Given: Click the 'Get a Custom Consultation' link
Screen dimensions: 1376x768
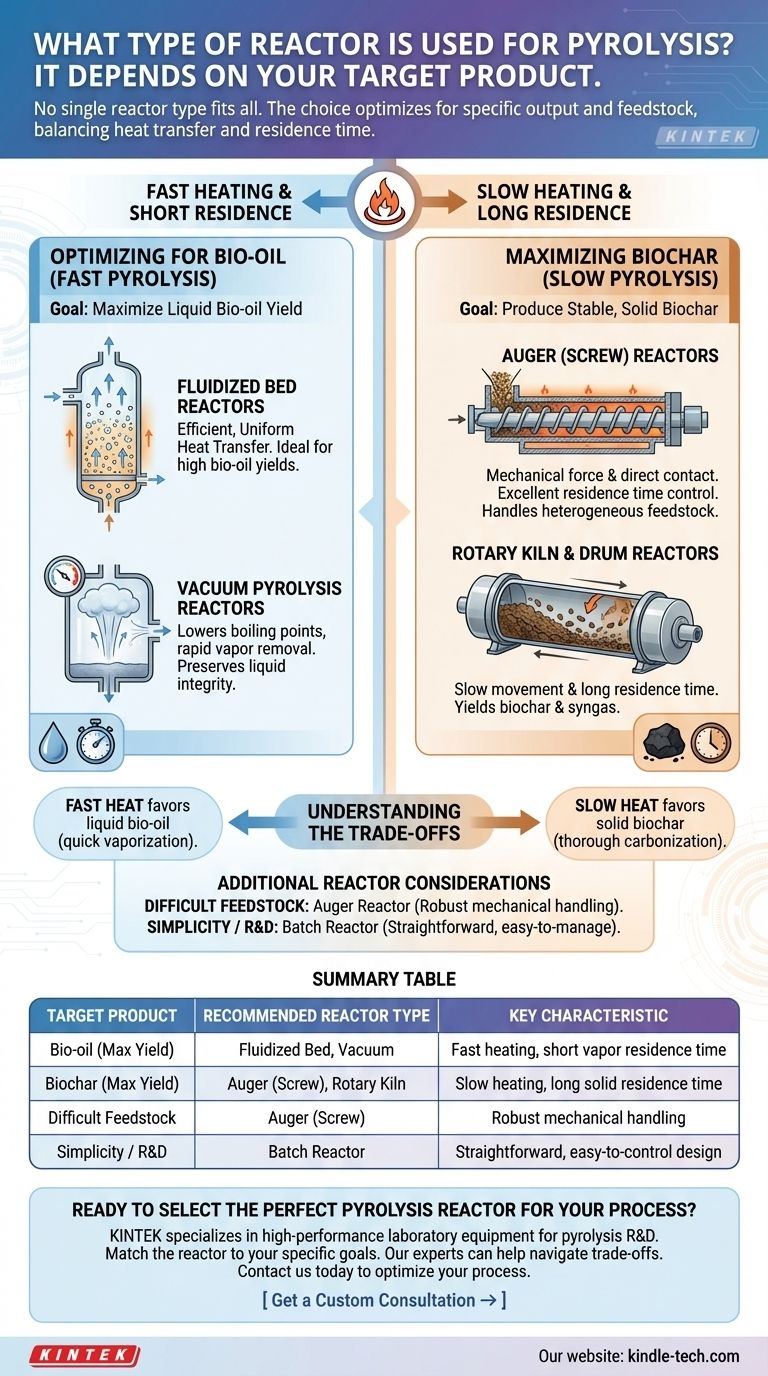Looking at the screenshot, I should click(x=384, y=1300).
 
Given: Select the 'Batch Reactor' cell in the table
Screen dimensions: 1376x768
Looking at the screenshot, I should click(x=316, y=1151).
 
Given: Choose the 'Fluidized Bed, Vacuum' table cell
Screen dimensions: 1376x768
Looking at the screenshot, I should click(x=316, y=1049).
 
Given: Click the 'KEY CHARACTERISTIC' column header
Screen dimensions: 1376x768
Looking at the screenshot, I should click(x=588, y=1015).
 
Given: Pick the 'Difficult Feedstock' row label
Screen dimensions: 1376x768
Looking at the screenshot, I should click(x=111, y=1117).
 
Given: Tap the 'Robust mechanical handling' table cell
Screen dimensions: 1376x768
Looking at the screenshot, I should click(x=588, y=1117).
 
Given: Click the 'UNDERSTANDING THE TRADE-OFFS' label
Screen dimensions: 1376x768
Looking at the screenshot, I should click(x=384, y=821).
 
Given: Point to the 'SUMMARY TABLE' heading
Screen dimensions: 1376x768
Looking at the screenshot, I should click(x=384, y=978).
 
